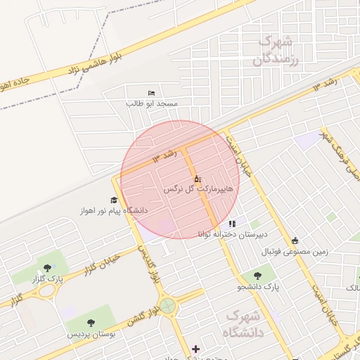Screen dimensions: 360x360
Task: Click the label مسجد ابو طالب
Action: (152, 103)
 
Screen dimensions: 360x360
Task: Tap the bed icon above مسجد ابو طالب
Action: (152, 93)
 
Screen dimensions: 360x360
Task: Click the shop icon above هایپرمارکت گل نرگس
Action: (197, 179)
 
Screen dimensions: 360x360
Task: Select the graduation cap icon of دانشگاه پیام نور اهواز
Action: (114, 201)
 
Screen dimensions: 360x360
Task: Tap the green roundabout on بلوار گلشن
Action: (167, 306)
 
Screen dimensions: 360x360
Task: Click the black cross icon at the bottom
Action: (195, 349)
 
